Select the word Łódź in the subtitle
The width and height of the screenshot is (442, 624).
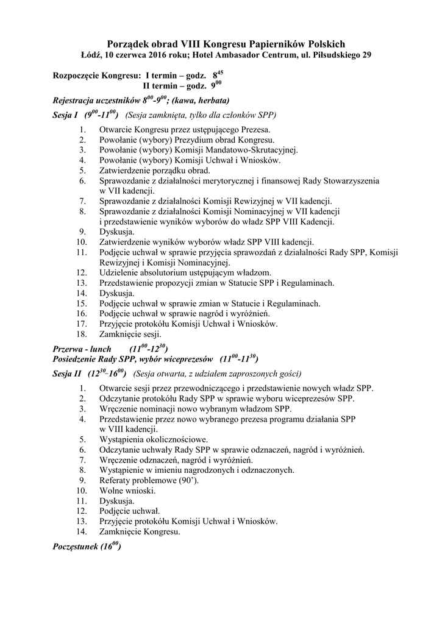(x=91, y=55)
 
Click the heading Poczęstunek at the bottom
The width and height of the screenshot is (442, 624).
(x=80, y=547)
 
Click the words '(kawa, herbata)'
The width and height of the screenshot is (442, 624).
(x=201, y=100)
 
